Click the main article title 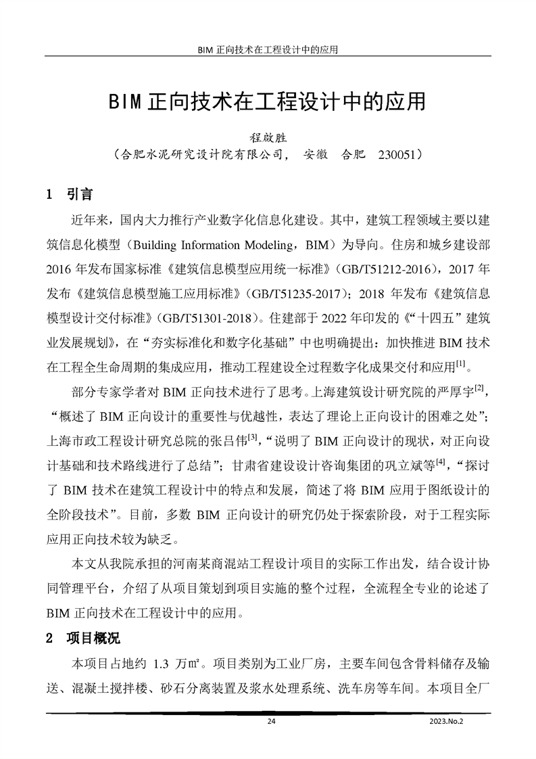point(268,102)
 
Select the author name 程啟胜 point(268,136)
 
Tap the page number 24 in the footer point(272,721)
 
